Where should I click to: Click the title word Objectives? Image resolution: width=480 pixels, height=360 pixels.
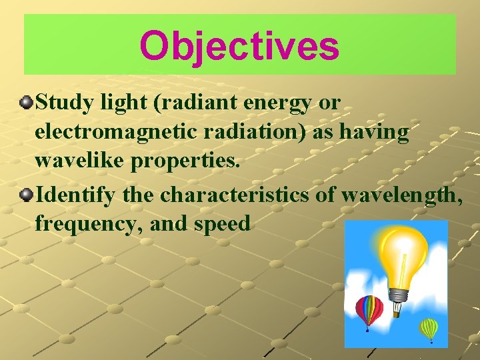[239, 46]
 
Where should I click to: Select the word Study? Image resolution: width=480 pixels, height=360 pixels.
[59, 103]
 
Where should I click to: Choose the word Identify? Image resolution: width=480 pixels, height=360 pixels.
[71, 195]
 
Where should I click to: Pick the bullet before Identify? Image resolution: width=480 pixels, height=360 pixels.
[26, 195]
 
